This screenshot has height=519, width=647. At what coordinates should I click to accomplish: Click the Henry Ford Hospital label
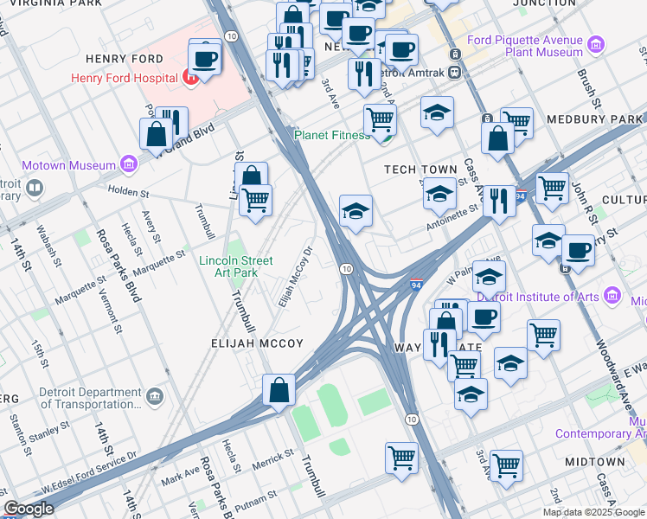point(125,79)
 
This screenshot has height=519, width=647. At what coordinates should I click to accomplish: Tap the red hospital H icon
point(191,79)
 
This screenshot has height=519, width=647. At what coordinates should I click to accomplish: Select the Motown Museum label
point(68,165)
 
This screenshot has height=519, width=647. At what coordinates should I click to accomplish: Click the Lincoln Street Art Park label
point(235,266)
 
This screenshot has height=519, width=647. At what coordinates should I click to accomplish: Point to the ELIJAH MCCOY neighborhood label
point(258,343)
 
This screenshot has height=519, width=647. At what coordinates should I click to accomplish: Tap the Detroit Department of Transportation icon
point(156,396)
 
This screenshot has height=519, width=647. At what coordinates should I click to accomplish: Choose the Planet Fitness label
point(332,135)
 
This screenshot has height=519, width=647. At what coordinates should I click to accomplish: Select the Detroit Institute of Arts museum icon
point(612,297)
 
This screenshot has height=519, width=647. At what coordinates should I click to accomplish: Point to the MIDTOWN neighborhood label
point(595,462)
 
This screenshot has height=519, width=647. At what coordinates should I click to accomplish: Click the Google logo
point(29,509)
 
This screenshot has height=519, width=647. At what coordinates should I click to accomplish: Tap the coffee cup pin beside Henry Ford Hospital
point(205,59)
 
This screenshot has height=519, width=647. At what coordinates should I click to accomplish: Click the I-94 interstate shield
point(416,283)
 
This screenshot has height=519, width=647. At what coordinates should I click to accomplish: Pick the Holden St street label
point(129,190)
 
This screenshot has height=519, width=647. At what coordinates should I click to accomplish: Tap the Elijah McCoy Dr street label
point(294,279)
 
